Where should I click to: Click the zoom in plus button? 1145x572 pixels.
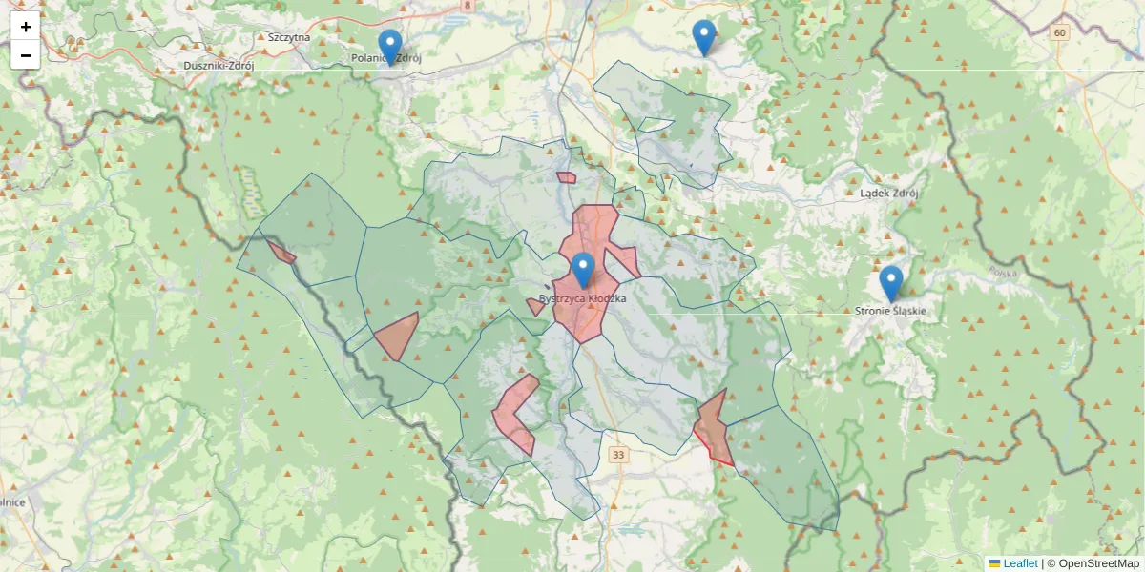pos(26,27)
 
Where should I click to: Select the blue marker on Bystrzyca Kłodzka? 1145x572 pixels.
pos(583,270)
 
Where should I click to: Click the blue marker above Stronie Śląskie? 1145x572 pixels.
pos(891,283)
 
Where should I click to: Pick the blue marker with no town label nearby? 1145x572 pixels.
pos(703,37)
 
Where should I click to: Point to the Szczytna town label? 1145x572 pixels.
pos(289,37)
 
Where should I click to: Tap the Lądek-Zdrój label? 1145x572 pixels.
pos(888,193)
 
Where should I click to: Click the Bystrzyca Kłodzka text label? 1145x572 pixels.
pos(582,299)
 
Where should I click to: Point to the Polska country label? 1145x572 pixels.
pos(1003,273)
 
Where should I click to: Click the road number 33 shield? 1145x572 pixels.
pos(619,455)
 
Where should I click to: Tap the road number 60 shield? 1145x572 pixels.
pos(1059,32)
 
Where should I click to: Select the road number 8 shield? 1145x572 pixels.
pos(467,5)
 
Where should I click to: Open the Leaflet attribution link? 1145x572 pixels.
pos(1019,563)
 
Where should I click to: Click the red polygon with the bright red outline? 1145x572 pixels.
pos(714,428)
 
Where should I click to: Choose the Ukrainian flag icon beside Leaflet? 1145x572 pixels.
pos(994,563)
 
